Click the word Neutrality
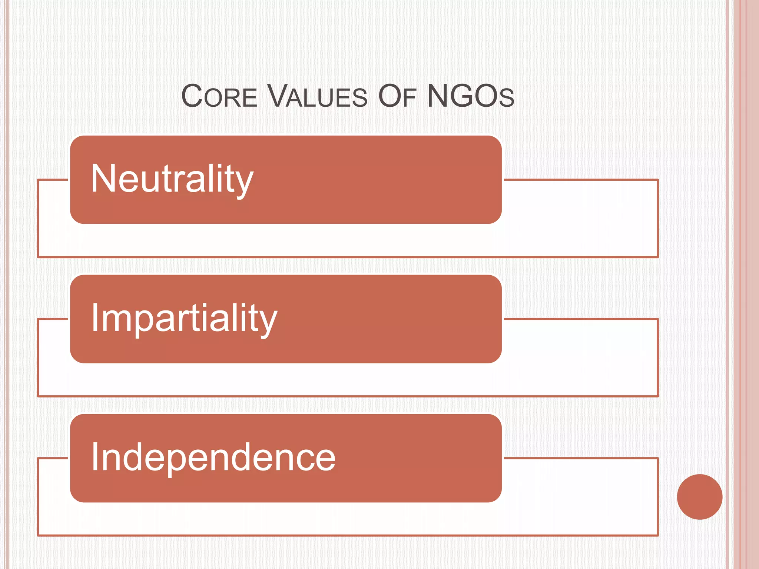(x=172, y=179)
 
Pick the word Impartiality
(x=184, y=319)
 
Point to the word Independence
(x=213, y=458)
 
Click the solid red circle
(x=699, y=497)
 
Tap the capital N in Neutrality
(x=103, y=179)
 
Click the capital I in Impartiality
(x=95, y=317)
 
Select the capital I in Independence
(x=95, y=457)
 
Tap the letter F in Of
(x=410, y=98)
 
